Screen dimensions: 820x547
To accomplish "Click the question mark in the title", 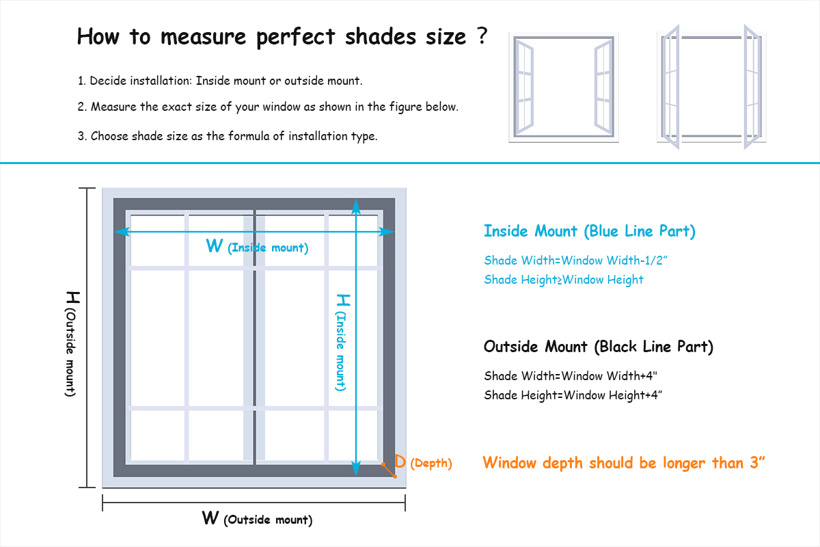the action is click(x=483, y=35).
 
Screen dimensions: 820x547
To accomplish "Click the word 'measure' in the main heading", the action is click(x=203, y=38).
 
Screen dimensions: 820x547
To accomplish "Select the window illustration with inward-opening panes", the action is click(x=564, y=87).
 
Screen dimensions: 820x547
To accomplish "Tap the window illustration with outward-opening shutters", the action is click(x=711, y=87).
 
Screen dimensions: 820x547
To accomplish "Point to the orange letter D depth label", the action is click(x=400, y=462).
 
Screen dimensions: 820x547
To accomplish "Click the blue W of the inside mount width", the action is click(x=214, y=245).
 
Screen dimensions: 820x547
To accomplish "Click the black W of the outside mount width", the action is click(x=210, y=518).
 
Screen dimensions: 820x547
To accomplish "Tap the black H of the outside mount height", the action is click(x=73, y=297).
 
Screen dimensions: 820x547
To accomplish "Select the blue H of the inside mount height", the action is click(x=343, y=299).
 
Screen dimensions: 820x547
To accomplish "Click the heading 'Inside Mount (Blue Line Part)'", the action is click(x=589, y=232).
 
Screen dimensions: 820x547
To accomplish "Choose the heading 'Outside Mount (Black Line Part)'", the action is click(x=599, y=347).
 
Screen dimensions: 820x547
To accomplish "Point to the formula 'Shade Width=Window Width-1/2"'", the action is click(x=575, y=261).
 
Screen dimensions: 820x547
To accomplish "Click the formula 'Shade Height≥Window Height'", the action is click(x=563, y=280).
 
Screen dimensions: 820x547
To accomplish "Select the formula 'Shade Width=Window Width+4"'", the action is click(x=571, y=376).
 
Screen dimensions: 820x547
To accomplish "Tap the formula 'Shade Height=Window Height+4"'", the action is click(x=573, y=395).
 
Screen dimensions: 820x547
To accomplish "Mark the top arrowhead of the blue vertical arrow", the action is click(x=356, y=206).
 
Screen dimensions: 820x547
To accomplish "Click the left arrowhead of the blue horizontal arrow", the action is click(x=122, y=232).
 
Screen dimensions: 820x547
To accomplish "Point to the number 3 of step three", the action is click(x=81, y=136).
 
